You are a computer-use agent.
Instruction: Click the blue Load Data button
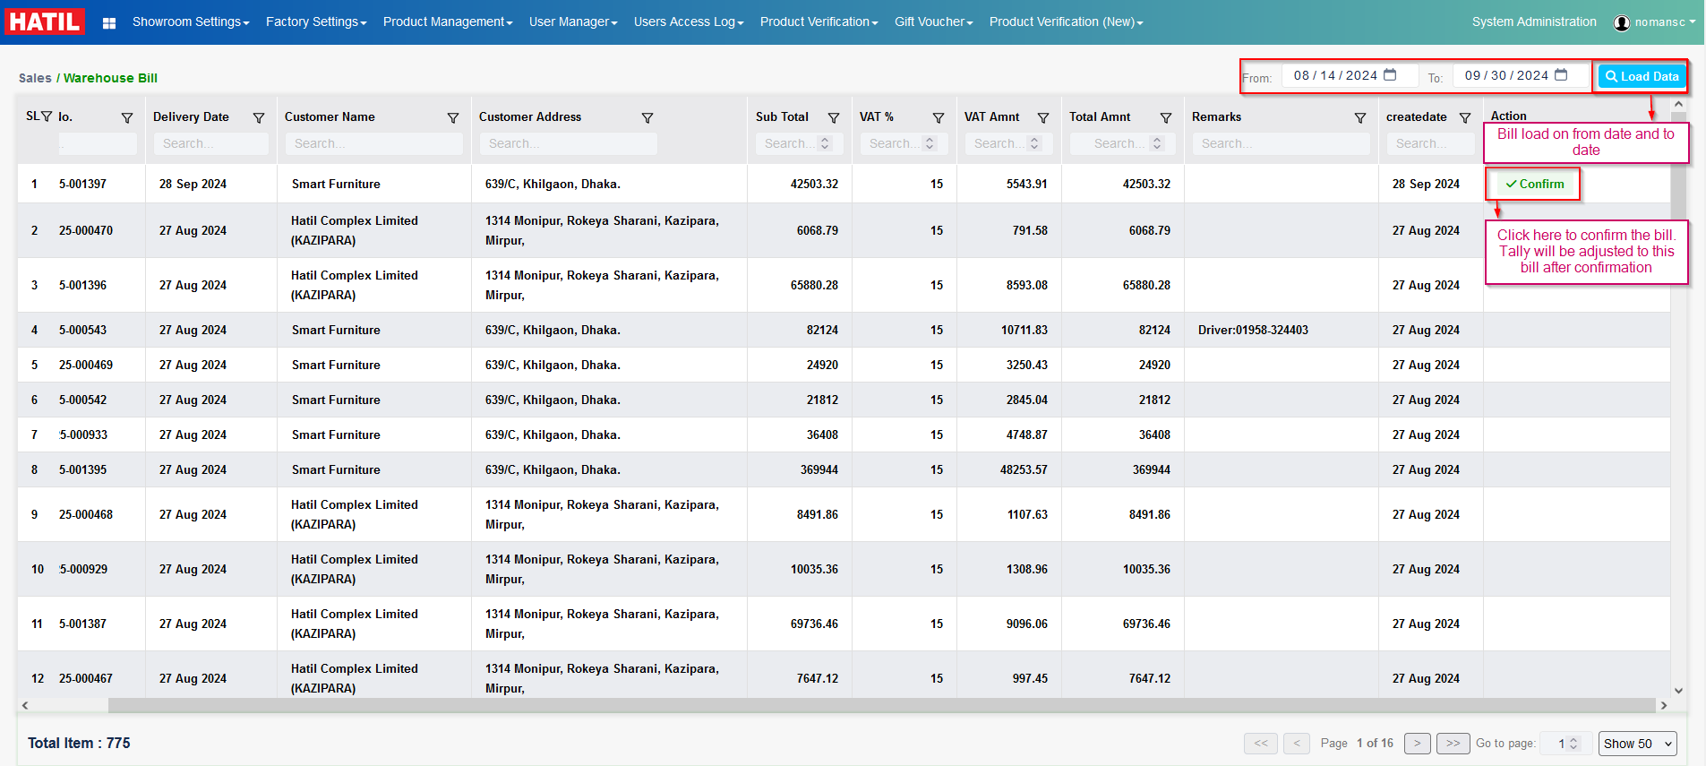click(x=1642, y=76)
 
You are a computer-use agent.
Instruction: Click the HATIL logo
click(x=45, y=22)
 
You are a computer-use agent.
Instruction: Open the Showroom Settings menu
click(x=190, y=22)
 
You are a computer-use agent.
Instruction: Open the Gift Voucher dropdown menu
click(x=933, y=22)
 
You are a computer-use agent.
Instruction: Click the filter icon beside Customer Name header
click(x=453, y=117)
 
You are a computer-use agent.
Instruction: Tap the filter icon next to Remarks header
click(x=1359, y=117)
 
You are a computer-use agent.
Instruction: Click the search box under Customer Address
click(x=568, y=143)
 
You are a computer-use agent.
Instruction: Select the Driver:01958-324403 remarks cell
click(x=1253, y=330)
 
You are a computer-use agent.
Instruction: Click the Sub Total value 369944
click(x=819, y=469)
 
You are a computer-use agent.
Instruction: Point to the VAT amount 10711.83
click(x=1024, y=330)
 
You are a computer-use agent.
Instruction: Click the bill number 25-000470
click(x=86, y=230)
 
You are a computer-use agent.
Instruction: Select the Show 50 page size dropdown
click(x=1637, y=744)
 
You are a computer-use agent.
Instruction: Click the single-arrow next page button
click(x=1417, y=743)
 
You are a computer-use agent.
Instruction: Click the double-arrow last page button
click(x=1452, y=743)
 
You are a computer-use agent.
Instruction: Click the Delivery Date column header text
click(x=191, y=116)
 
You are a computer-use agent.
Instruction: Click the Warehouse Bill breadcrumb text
click(x=110, y=78)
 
